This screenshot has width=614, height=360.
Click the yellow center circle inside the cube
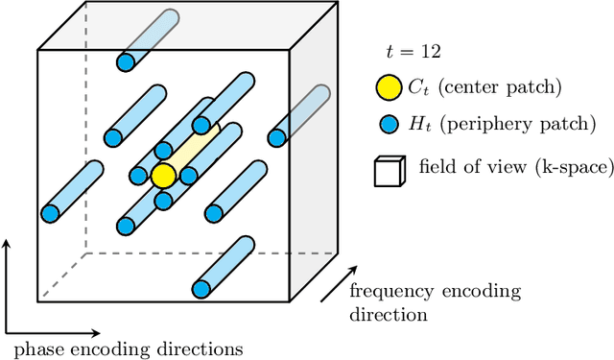coord(163,176)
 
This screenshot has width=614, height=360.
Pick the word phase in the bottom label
coord(36,348)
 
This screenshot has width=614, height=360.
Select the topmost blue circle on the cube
coord(125,63)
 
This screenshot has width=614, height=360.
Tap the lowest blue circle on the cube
coord(201,287)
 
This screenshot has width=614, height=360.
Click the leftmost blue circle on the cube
coord(50,210)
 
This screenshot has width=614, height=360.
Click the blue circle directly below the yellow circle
coord(163,202)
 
